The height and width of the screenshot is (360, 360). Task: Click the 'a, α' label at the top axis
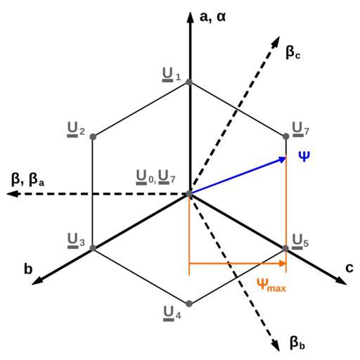coord(212,18)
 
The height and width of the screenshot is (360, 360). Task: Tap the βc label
coord(293,52)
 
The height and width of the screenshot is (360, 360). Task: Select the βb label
coord(297,343)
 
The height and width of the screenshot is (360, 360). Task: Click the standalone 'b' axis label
coord(28,269)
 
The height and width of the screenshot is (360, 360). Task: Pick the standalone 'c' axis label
coord(349,268)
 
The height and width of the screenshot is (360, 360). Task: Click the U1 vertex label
coord(172,75)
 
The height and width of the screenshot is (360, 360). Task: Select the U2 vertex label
coord(76,130)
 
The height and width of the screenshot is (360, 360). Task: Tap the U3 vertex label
coord(76,241)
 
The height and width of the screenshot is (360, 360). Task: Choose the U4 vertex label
coord(172,314)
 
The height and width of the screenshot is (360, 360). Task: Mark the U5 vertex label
coord(300,242)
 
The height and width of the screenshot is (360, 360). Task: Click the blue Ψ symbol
coord(304,156)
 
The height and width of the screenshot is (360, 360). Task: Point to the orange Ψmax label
coord(271,285)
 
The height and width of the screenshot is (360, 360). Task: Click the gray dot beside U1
coord(189,82)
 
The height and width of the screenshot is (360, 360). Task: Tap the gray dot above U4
coord(189,304)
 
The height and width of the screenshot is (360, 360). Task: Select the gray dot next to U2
coord(93,136)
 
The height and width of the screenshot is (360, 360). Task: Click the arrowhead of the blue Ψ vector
coord(282,160)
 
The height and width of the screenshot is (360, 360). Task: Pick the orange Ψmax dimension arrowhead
coord(282,264)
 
